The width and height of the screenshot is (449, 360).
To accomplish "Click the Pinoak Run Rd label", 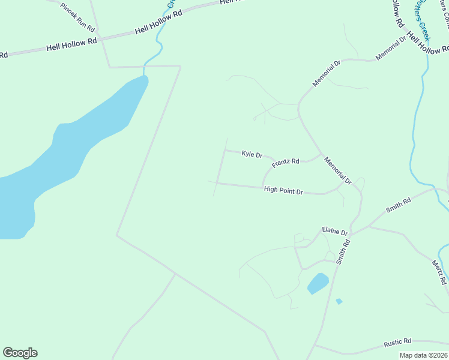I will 77,17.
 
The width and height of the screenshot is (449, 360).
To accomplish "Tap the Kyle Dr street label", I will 252,155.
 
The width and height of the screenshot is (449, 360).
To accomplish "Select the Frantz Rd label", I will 285,163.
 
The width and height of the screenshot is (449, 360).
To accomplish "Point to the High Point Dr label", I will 283,190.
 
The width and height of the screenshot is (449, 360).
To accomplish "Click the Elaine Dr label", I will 334,232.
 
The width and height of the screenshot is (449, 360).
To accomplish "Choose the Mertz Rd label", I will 439,272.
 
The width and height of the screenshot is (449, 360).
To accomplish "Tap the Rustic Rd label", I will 397,343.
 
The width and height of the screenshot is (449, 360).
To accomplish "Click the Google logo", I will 20,353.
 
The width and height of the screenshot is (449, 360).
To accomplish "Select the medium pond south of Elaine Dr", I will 318,283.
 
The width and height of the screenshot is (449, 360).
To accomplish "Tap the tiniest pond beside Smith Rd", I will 339,301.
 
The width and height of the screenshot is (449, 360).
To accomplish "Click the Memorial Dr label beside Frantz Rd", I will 337,170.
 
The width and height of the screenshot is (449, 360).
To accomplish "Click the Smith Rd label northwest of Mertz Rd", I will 398,206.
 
